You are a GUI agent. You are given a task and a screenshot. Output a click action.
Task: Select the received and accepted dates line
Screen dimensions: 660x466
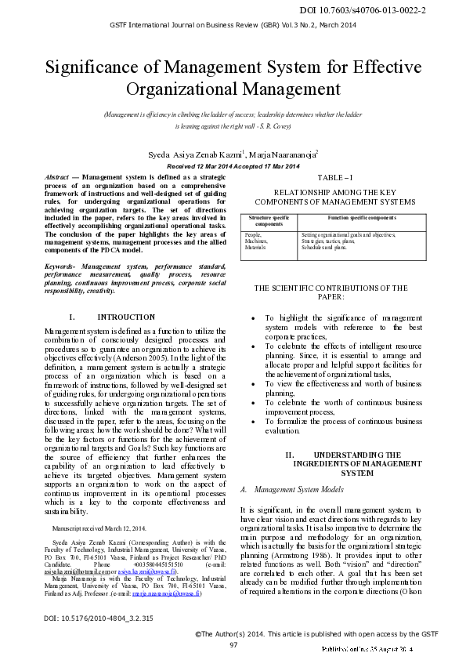coord(233,166)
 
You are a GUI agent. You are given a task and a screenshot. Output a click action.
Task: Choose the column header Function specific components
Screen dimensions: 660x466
coord(361,217)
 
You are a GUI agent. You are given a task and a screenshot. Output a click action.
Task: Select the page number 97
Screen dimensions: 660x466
coord(233,644)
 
